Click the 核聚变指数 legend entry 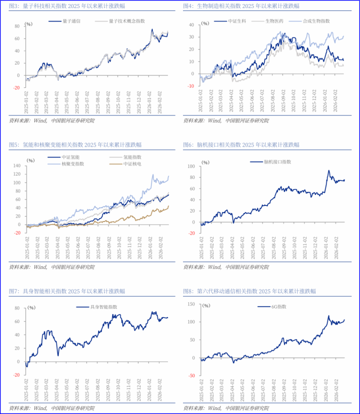point(69,164)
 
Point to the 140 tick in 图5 point(16,166)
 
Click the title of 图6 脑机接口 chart point(245,144)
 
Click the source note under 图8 point(225,408)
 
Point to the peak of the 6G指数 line point(328,316)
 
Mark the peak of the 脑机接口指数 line point(328,171)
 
